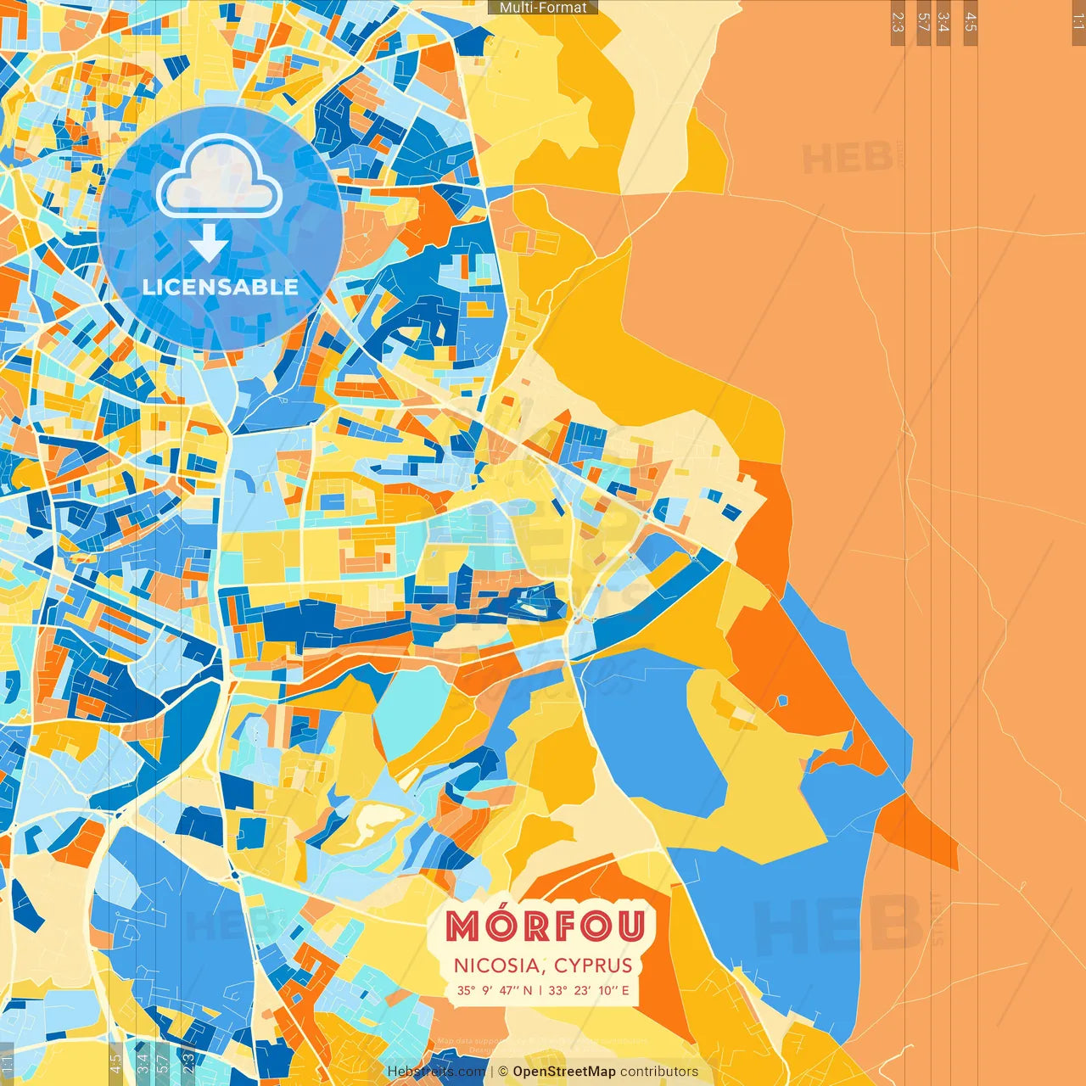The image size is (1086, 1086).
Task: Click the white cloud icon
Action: (220, 177)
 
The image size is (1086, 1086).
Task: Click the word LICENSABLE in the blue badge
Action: (221, 287)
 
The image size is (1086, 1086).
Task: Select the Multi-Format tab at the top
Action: (543, 8)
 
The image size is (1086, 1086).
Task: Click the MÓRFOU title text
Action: (545, 926)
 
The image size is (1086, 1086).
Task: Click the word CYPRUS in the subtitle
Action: (593, 966)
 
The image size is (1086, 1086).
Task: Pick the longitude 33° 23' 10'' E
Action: (589, 990)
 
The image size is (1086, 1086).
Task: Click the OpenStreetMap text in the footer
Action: (563, 1072)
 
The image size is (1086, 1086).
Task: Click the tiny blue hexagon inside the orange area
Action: (782, 701)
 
